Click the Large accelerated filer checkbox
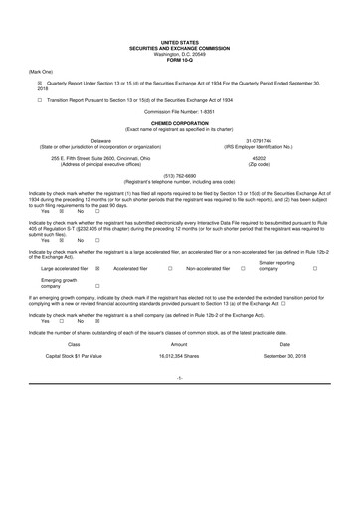tap(97, 268)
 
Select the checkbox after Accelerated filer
tap(171, 268)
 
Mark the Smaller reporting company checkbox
tap(315, 268)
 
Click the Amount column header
tap(179, 341)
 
